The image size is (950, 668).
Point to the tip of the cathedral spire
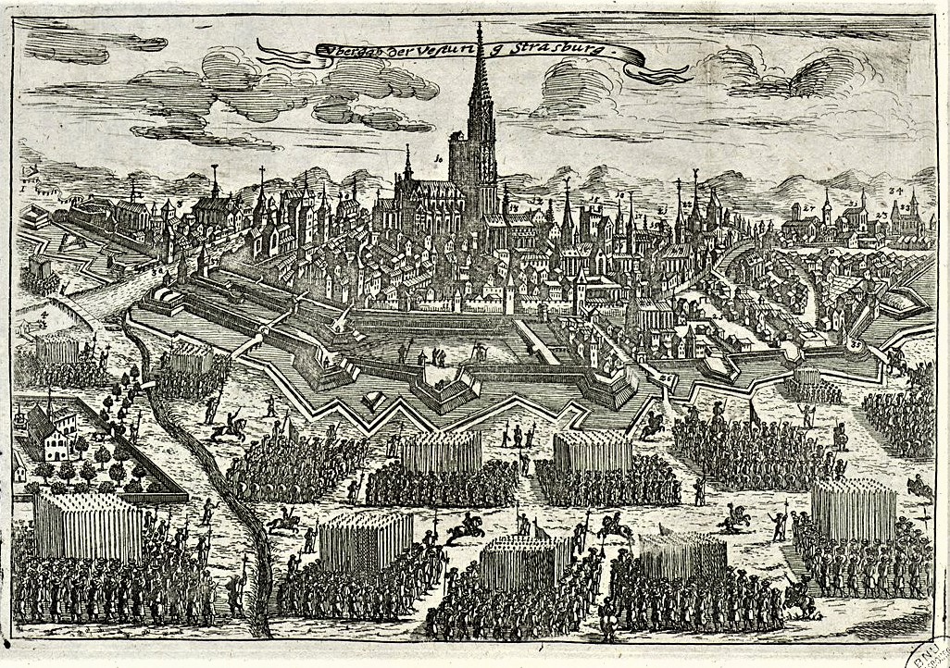pyautogui.click(x=480, y=25)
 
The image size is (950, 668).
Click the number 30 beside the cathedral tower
pyautogui.click(x=439, y=159)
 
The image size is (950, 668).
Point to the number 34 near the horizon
pyautogui.click(x=895, y=191)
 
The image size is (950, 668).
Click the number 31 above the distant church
pyautogui.click(x=853, y=203)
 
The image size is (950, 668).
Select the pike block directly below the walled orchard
pyautogui.click(x=88, y=523)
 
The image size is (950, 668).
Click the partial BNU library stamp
pyautogui.click(x=931, y=652)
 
